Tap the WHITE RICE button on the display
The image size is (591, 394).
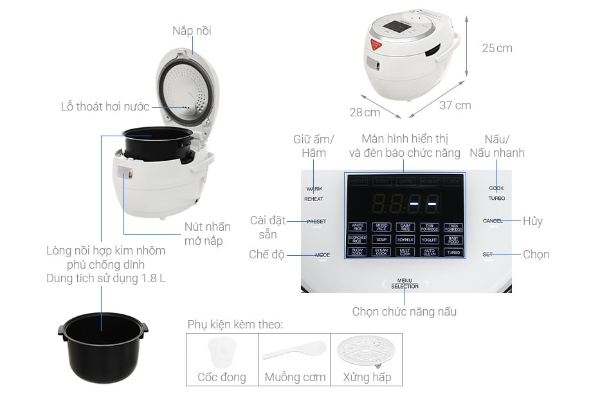tap(358, 227)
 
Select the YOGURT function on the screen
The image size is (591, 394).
tap(429, 239)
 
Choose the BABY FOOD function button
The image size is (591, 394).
tap(453, 239)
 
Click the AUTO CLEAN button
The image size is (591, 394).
tap(429, 252)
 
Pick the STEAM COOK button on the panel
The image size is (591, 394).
tap(381, 252)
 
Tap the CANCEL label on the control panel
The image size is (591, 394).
tap(494, 221)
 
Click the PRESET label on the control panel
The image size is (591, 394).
tap(316, 221)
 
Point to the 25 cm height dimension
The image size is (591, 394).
tap(496, 48)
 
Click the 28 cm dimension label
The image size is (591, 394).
tap(365, 112)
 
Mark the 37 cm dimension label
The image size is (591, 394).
tap(455, 105)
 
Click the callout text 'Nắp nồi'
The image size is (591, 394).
tap(192, 31)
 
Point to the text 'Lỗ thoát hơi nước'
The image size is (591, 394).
tap(105, 107)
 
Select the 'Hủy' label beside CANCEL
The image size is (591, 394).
tap(532, 221)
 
